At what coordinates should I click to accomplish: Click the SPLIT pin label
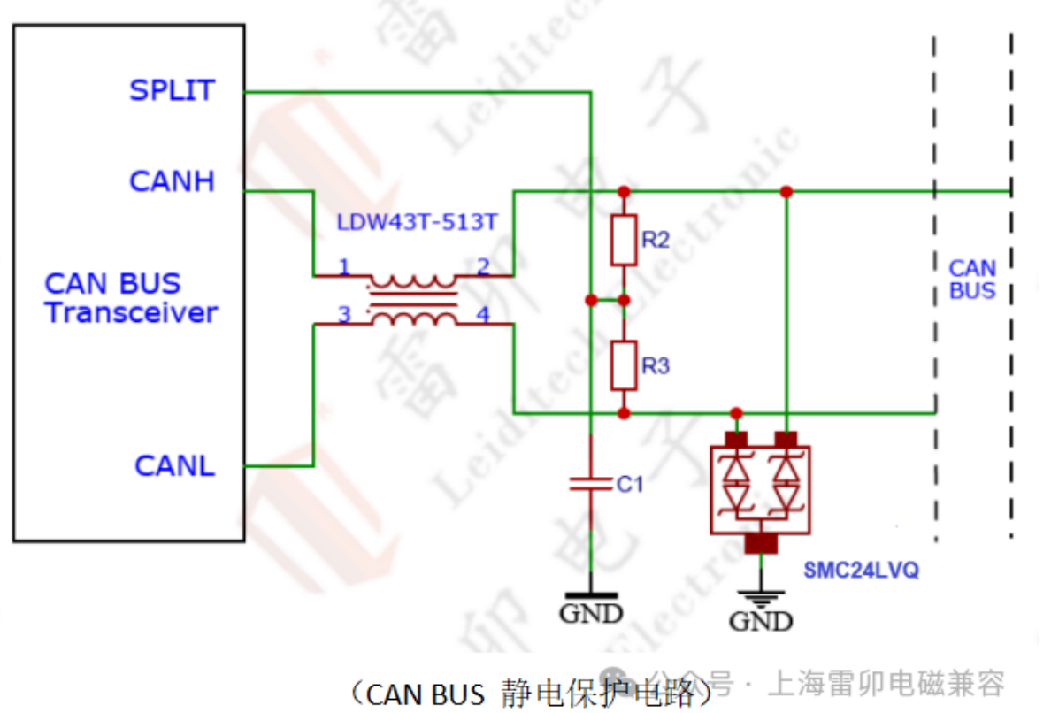coord(172,90)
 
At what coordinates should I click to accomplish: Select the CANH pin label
coord(172,181)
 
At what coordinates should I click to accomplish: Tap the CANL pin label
coord(174,465)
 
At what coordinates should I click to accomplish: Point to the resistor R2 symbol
coord(624,239)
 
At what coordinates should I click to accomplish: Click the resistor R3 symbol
coord(624,365)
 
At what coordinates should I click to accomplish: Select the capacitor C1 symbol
coord(590,483)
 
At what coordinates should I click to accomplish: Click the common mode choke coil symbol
coord(413,300)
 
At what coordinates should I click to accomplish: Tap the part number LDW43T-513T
coord(417,222)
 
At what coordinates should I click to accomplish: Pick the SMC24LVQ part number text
coord(860,571)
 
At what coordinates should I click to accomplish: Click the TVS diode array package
coord(761,488)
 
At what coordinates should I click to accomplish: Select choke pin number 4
coord(483,314)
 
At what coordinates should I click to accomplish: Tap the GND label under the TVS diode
coord(760,621)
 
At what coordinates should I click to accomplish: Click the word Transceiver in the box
coord(131,312)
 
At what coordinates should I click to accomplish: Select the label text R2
coord(656,240)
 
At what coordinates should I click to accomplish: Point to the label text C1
coord(630,484)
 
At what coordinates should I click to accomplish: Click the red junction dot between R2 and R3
coord(624,300)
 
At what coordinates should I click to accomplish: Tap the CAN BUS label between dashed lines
coord(972,279)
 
